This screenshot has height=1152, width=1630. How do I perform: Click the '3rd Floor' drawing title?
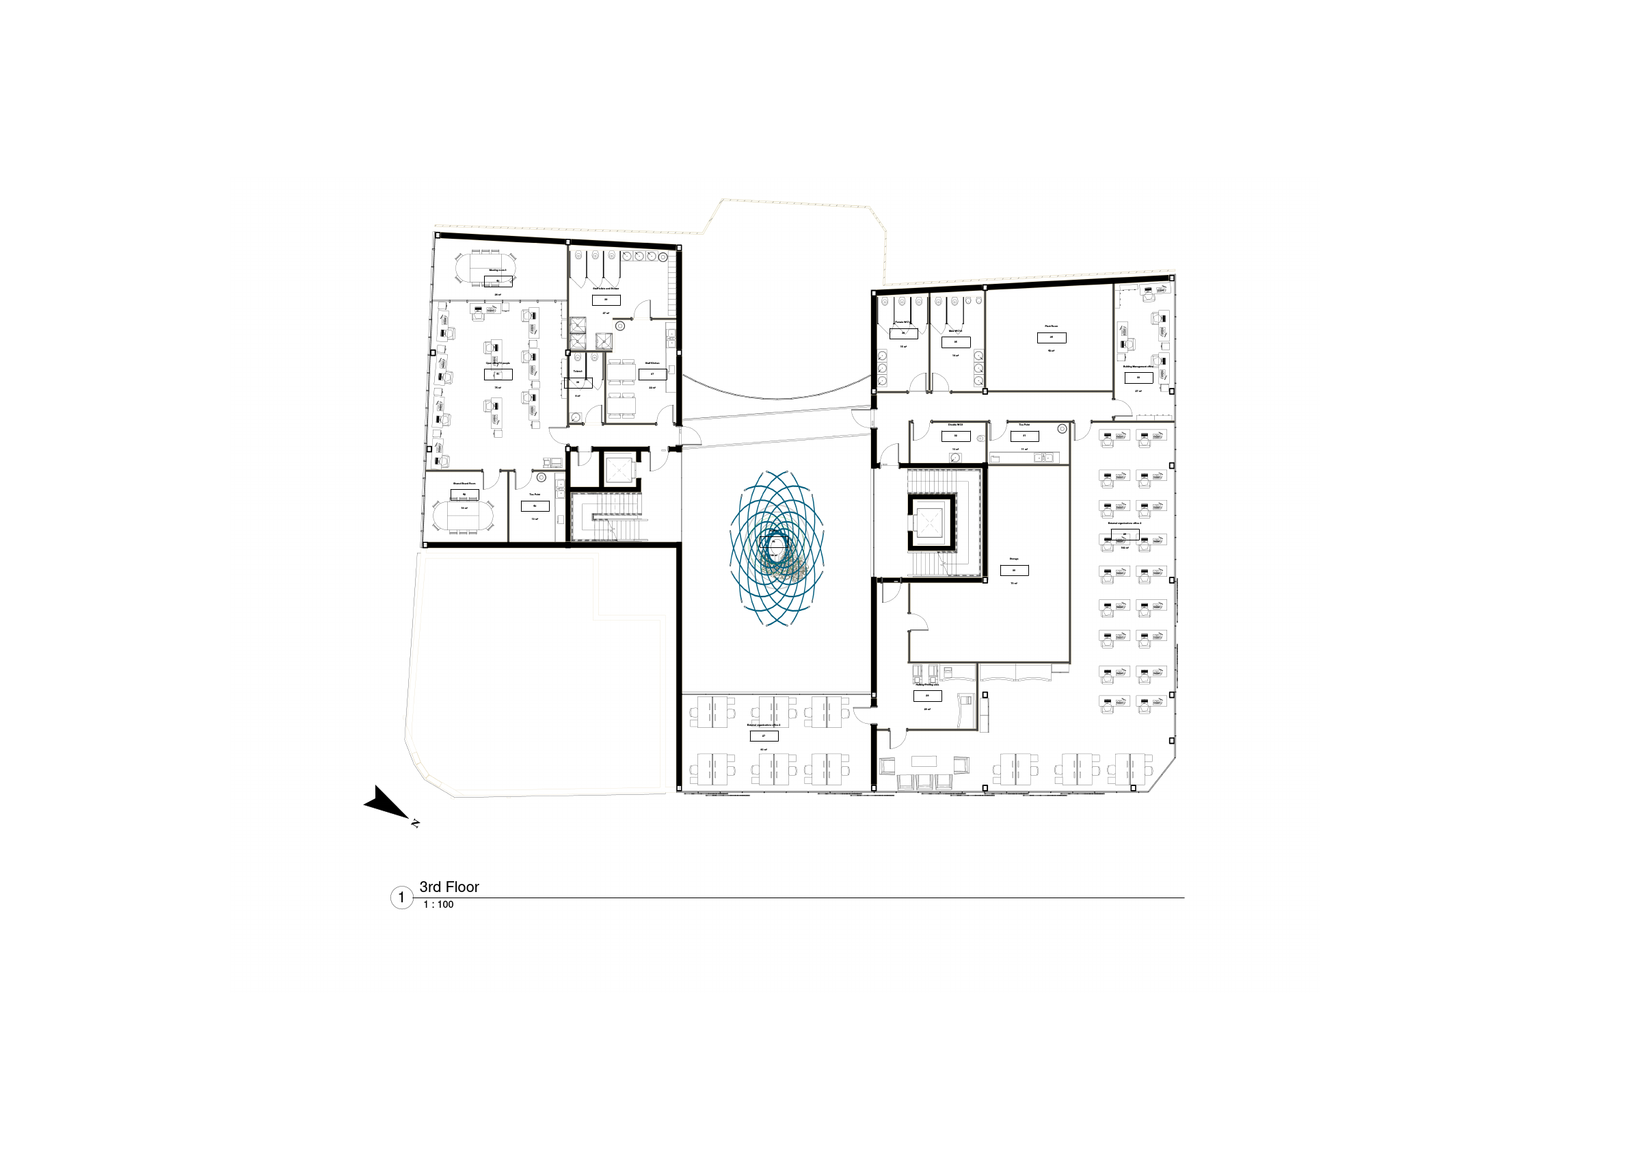click(x=449, y=887)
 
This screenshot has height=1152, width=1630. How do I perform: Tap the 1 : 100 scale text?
click(x=438, y=905)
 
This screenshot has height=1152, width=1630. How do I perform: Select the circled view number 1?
click(x=401, y=898)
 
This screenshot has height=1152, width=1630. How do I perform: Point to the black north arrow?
click(x=386, y=803)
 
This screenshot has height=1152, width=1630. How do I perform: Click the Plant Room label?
click(x=1051, y=326)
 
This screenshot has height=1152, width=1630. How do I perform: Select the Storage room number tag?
click(x=1014, y=571)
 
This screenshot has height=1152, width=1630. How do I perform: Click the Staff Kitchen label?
click(x=652, y=363)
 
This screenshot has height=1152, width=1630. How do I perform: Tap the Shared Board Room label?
click(x=464, y=484)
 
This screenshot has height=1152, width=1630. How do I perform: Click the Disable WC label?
click(x=955, y=425)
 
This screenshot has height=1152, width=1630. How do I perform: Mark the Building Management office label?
click(x=1138, y=367)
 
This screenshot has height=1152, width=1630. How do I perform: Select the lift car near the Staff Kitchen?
click(x=618, y=469)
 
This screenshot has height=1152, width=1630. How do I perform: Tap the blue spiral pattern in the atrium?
click(x=777, y=549)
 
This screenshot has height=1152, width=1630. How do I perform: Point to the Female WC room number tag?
click(x=903, y=333)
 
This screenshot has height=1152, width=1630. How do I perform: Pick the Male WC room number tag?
click(x=956, y=342)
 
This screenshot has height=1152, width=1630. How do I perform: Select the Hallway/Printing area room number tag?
click(x=927, y=696)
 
